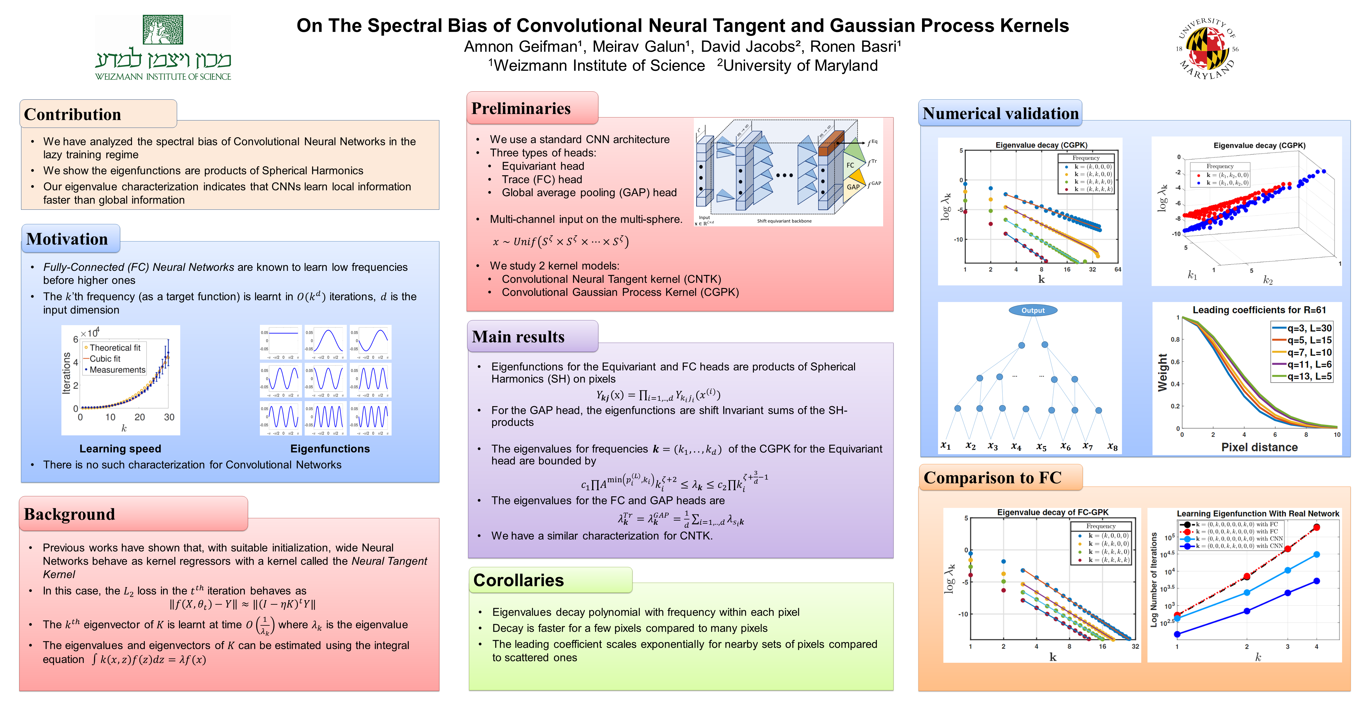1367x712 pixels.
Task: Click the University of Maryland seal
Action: tap(1207, 49)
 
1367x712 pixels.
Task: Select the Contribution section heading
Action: tap(73, 115)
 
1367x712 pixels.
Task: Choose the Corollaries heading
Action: tap(519, 580)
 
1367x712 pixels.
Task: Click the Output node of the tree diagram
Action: tap(1033, 310)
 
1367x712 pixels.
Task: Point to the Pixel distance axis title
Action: tap(1259, 447)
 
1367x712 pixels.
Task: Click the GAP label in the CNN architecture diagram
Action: tap(853, 187)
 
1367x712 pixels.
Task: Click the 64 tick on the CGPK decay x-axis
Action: tap(1118, 269)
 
